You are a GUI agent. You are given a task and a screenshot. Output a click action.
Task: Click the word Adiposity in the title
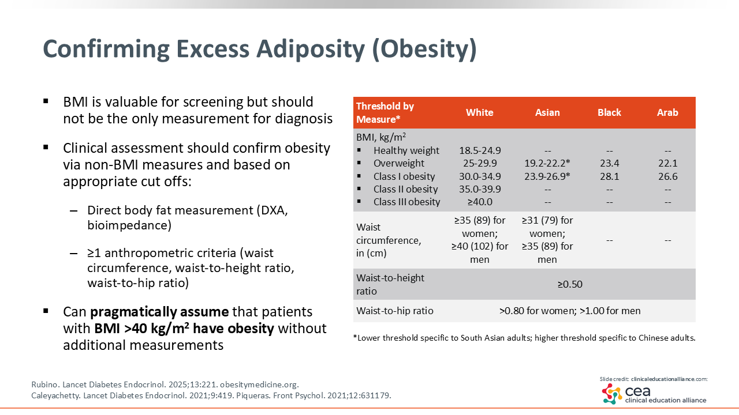(311, 50)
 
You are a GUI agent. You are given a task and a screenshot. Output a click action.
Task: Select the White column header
(479, 112)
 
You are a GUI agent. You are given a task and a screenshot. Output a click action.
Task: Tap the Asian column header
(547, 112)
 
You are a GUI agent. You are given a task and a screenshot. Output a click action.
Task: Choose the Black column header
(609, 112)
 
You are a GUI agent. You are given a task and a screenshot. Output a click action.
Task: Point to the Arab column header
(667, 112)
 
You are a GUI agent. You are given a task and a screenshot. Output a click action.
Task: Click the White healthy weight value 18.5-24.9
(480, 150)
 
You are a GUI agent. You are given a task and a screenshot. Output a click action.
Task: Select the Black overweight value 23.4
(609, 163)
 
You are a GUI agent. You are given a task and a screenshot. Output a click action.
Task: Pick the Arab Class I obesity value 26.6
(668, 176)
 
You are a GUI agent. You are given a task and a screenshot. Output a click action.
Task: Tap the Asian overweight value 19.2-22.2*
(547, 163)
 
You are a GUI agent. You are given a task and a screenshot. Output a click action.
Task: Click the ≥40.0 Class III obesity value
(480, 202)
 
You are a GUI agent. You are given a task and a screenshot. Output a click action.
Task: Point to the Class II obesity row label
(405, 190)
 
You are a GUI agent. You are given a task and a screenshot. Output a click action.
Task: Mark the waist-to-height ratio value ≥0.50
(570, 284)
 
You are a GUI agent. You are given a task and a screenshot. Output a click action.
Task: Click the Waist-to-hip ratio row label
(394, 311)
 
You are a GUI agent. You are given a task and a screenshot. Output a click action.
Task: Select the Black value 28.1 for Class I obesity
(609, 176)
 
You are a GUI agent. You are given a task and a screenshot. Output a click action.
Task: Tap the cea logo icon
(612, 394)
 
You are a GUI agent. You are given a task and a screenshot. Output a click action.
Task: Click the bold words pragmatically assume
(159, 312)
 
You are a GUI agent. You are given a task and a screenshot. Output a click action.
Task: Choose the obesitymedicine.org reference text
(259, 384)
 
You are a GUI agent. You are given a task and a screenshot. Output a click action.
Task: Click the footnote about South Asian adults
(524, 338)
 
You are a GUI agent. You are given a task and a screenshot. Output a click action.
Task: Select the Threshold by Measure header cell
(385, 112)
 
